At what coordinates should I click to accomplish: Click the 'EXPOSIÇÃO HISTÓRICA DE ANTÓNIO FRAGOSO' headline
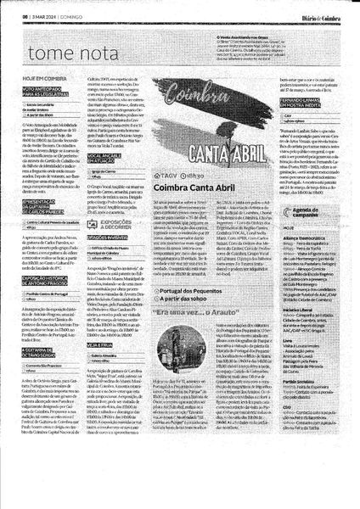pos(40,302)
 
